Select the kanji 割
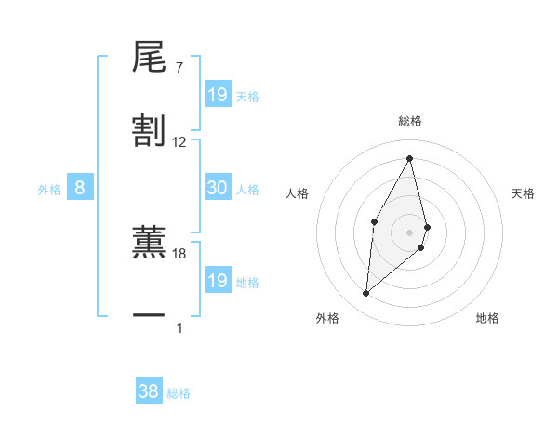149,131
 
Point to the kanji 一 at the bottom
149,317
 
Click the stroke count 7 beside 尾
179,68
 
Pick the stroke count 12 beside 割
179,142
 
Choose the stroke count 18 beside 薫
179,253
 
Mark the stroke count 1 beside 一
179,327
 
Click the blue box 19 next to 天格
218,94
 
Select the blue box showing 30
218,187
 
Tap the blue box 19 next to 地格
218,280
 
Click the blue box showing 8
80,188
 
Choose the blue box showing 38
149,391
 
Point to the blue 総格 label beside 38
179,393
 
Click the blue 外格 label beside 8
49,190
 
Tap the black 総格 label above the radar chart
409,121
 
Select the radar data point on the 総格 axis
409,157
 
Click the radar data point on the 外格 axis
366,294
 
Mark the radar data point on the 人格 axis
374,221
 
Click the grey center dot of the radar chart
409,232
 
